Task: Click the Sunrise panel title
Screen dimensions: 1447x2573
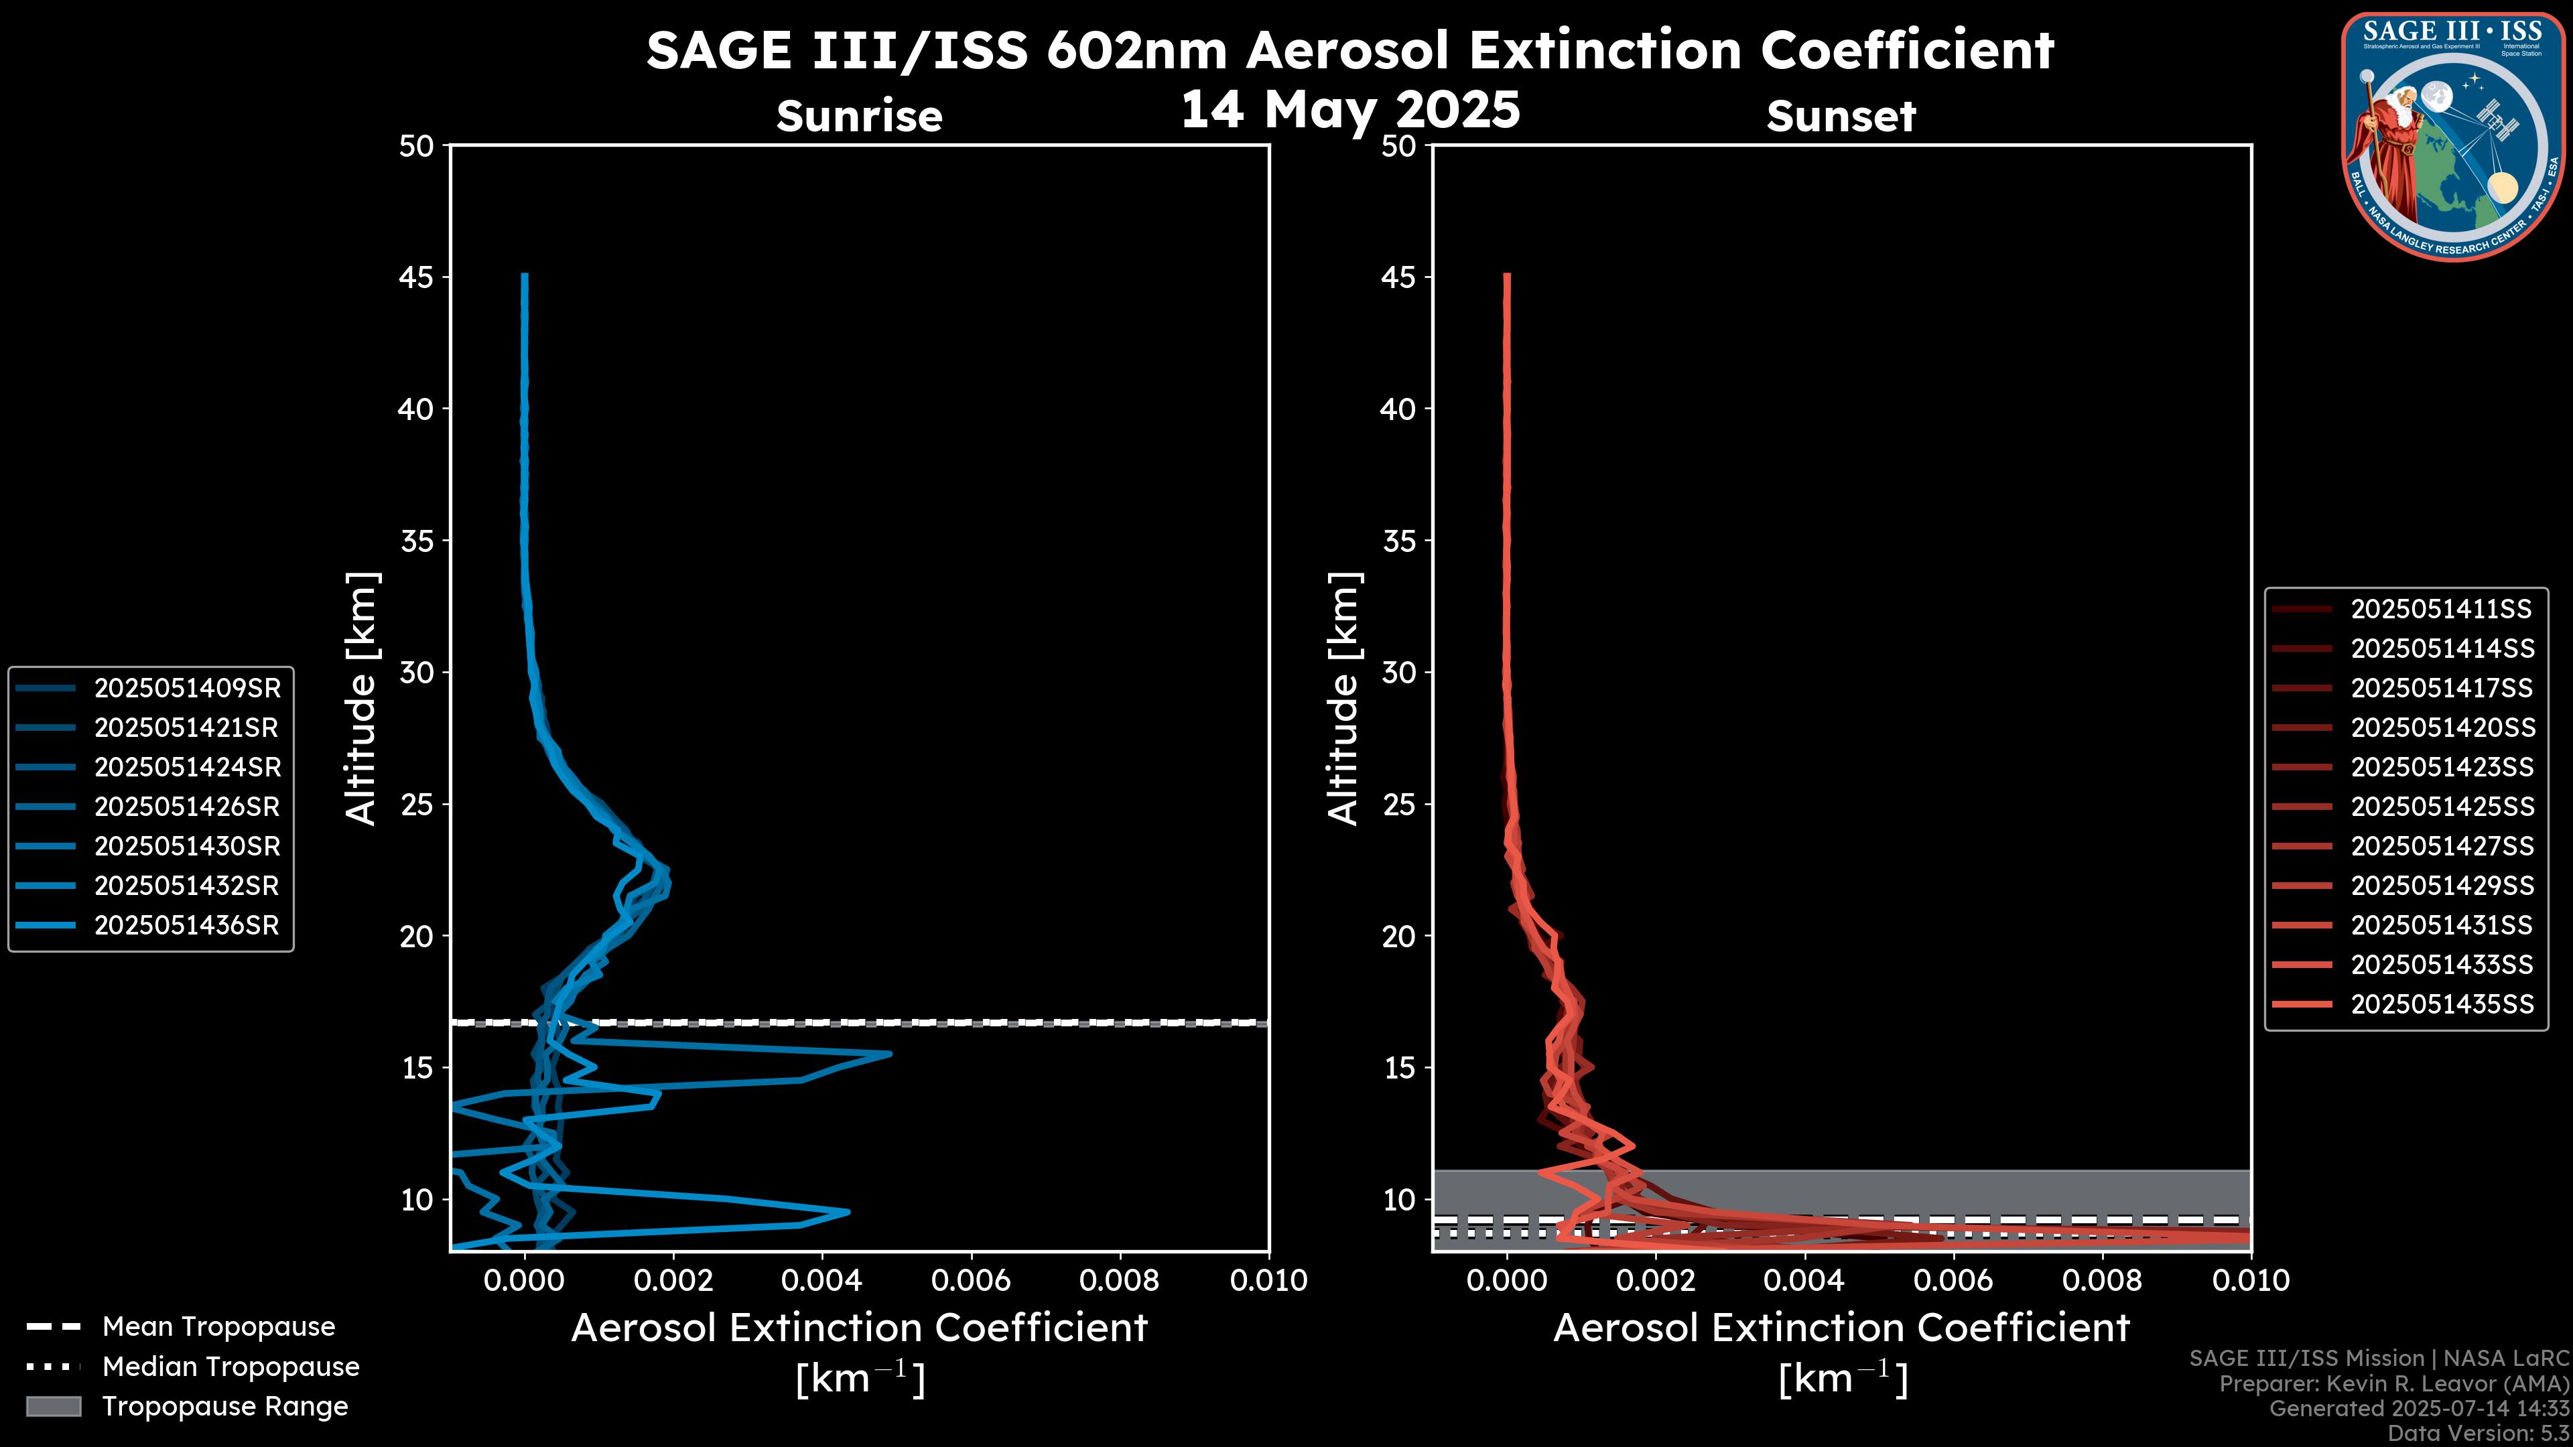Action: pos(859,116)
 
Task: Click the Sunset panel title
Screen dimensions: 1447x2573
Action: pos(1841,116)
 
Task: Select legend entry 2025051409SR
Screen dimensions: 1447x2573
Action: pos(187,688)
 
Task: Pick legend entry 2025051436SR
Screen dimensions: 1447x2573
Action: pos(187,926)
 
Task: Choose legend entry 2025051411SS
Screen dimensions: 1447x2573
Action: pos(2441,609)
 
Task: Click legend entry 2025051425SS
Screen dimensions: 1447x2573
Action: pos(2441,807)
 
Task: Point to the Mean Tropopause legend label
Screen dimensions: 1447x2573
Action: pos(218,1327)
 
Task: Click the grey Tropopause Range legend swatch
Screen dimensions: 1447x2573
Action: pos(54,1406)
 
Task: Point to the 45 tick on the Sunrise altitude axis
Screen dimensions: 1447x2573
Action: pos(417,277)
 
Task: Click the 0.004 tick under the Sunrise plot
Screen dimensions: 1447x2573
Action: pos(822,1280)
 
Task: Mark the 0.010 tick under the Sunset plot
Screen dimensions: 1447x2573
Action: pos(2251,1280)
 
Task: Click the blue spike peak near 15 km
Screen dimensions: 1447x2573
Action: pos(889,1054)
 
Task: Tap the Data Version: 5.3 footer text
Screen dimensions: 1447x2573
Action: pos(2477,1433)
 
